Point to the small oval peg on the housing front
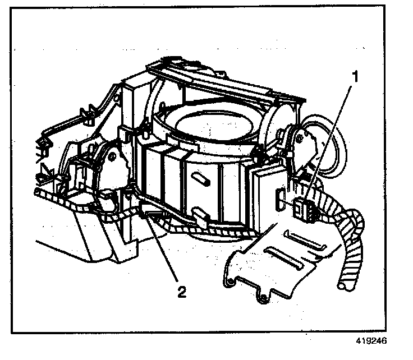pos(199,179)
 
